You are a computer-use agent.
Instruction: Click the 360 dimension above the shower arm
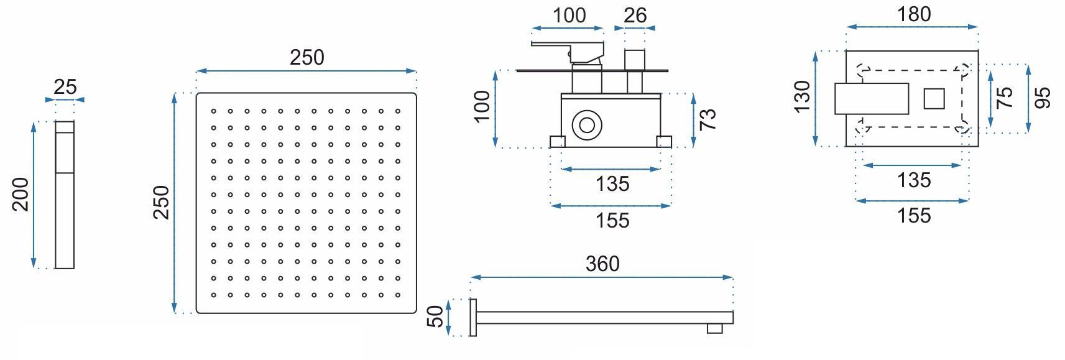[x=602, y=264]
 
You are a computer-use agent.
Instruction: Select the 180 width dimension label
[x=914, y=14]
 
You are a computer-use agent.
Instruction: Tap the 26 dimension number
[x=635, y=15]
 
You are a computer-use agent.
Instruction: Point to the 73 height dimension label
[x=708, y=119]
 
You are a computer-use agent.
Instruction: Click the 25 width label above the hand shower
[x=65, y=86]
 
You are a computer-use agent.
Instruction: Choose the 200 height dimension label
[x=21, y=194]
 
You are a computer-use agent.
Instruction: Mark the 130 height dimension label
[x=803, y=96]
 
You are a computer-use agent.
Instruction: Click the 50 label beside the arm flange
[x=437, y=316]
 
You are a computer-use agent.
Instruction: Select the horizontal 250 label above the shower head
[x=307, y=57]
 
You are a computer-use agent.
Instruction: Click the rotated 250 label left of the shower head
[x=162, y=202]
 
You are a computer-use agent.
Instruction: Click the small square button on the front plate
[x=934, y=99]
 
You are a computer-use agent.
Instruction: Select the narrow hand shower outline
[x=65, y=195]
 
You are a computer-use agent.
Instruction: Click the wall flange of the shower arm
[x=473, y=318]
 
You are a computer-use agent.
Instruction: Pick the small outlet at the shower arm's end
[x=715, y=328]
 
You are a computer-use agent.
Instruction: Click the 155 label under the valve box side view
[x=612, y=220]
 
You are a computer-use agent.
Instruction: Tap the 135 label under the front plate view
[x=913, y=180]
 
